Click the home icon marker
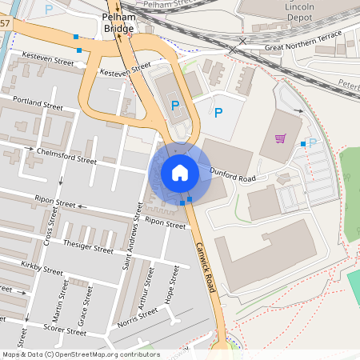tap(180, 172)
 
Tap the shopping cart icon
tap(280, 138)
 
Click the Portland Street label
tap(37, 103)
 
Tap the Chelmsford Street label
tap(68, 157)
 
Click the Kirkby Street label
tap(42, 269)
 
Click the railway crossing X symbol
tap(233, 50)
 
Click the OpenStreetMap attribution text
tap(80, 354)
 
